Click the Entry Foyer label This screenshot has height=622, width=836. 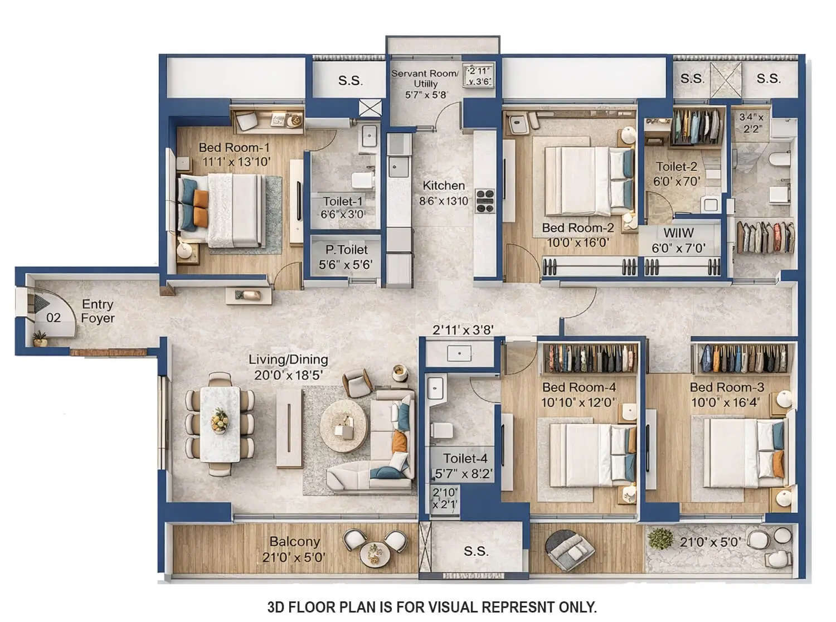coord(98,311)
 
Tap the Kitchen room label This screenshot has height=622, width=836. coord(444,186)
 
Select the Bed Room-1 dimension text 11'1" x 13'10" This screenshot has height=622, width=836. coord(236,162)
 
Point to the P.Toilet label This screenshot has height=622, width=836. coord(347,250)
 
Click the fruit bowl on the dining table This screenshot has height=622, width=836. coord(220,420)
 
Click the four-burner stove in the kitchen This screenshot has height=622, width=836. coord(485,201)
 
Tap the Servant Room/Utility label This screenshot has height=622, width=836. coord(425,78)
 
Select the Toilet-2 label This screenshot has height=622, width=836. coord(676,167)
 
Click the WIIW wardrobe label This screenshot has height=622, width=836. coord(678,233)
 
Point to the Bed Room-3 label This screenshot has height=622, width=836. coord(727,387)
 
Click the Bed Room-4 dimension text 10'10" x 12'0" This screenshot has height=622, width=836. coord(579,402)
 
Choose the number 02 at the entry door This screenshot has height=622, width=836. coord(54,318)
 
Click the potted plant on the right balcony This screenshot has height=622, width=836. coord(661,538)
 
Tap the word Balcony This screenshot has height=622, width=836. coord(294,542)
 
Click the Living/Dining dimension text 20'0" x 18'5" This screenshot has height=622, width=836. coord(288,375)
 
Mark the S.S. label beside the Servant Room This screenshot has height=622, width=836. coord(351,81)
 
